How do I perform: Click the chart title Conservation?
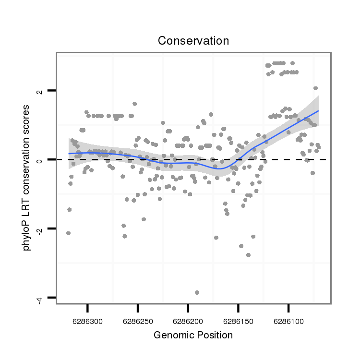coord(193,41)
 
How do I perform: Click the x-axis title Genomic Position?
coord(193,335)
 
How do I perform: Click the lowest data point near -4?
coord(197,292)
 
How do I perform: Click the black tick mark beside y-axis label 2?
coord(52,90)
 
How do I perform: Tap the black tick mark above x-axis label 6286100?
coord(288,307)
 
